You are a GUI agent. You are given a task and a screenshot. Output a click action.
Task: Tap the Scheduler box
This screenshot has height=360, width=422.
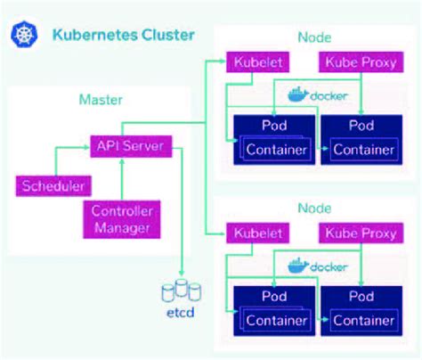pos(53,186)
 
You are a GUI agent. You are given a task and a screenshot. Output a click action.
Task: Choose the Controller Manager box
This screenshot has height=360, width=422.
pos(121,219)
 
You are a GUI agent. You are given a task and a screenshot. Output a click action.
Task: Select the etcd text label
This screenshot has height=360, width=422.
pos(183,313)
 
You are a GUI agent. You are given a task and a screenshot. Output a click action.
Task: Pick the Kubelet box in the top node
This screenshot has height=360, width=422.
pos(256,63)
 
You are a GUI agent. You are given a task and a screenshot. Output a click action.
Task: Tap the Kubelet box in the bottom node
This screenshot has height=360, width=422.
pos(256,233)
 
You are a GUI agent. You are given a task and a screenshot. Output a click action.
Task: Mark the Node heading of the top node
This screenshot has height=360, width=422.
pos(314,38)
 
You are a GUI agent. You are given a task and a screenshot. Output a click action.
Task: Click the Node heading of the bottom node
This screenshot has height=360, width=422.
pos(314,209)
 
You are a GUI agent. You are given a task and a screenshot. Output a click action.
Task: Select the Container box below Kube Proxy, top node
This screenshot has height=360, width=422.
pos(362,150)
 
